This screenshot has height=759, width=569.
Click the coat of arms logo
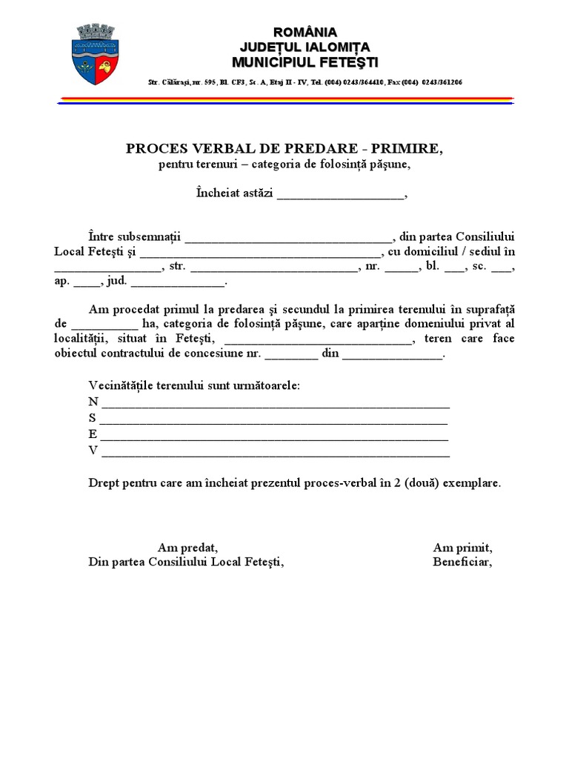[96, 53]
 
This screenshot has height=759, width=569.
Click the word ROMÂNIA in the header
[305, 32]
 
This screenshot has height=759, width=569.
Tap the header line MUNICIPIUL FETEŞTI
[305, 60]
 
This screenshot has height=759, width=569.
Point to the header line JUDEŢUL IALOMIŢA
[305, 46]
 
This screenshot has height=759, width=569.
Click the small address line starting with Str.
[305, 82]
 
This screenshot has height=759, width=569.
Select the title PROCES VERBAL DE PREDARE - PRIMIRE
[284, 149]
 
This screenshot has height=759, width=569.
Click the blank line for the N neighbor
[275, 405]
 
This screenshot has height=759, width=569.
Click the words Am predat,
[188, 548]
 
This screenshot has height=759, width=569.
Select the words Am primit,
[463, 548]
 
